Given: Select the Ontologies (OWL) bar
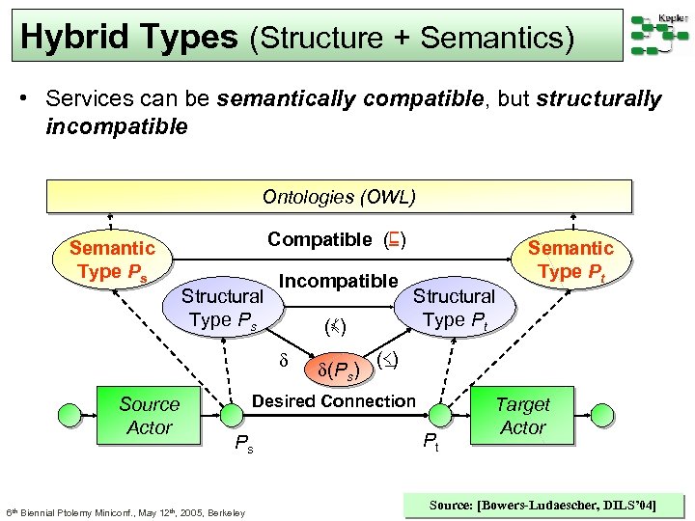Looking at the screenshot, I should pyautogui.click(x=339, y=197).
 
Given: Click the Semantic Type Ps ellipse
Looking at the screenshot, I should pyautogui.click(x=112, y=260).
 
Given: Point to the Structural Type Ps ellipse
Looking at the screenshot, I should pyautogui.click(x=223, y=308).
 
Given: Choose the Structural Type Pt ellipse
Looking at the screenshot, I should pyautogui.click(x=454, y=308).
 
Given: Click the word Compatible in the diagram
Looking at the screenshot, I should pyautogui.click(x=320, y=239).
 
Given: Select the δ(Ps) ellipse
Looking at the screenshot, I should pyautogui.click(x=332, y=370).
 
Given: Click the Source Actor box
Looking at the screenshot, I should pyautogui.click(x=150, y=416).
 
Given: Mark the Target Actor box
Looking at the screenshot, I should pyautogui.click(x=523, y=416).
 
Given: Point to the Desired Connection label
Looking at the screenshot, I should pyautogui.click(x=333, y=400).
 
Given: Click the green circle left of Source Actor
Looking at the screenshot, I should pyautogui.click(x=70, y=416).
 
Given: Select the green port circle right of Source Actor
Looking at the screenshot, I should pyautogui.click(x=230, y=416).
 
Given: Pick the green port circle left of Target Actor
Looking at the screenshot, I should pyautogui.click(x=441, y=416).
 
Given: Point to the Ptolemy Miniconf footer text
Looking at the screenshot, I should pyautogui.click(x=125, y=511).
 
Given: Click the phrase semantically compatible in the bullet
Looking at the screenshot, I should pyautogui.click(x=327, y=99).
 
